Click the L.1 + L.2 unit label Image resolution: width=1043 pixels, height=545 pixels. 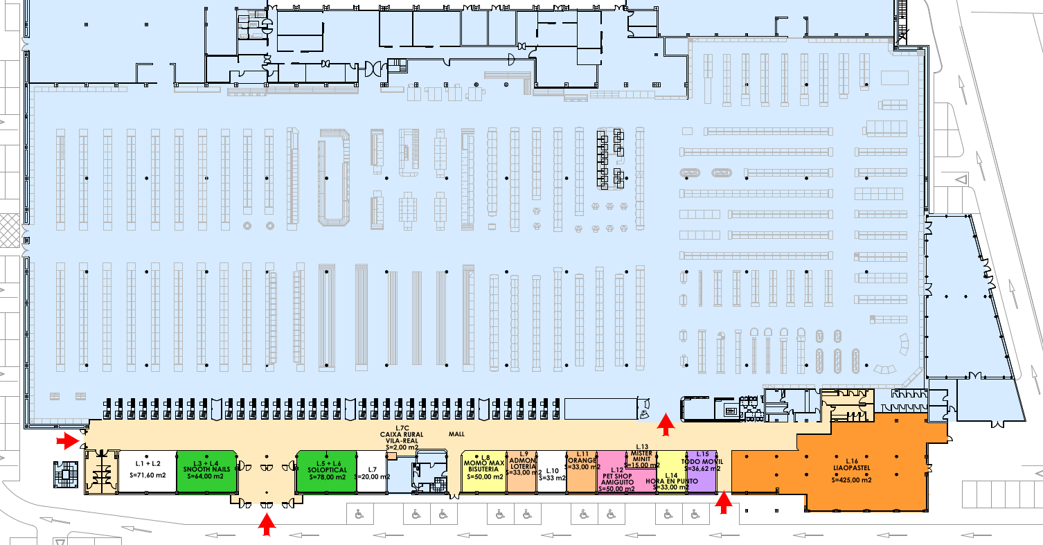148,463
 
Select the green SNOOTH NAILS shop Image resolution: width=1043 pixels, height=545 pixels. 206,471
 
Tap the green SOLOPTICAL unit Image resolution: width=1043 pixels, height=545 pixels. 326,471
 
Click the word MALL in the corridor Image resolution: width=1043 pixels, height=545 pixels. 456,435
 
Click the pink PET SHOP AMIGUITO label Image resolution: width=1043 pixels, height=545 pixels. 613,479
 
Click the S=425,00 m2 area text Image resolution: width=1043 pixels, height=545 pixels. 851,479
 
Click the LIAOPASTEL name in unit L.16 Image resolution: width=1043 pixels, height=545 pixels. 851,467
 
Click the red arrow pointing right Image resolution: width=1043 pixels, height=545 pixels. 67,439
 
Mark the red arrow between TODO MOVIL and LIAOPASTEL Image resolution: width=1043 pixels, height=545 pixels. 724,503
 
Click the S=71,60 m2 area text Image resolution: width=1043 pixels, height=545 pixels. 148,476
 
